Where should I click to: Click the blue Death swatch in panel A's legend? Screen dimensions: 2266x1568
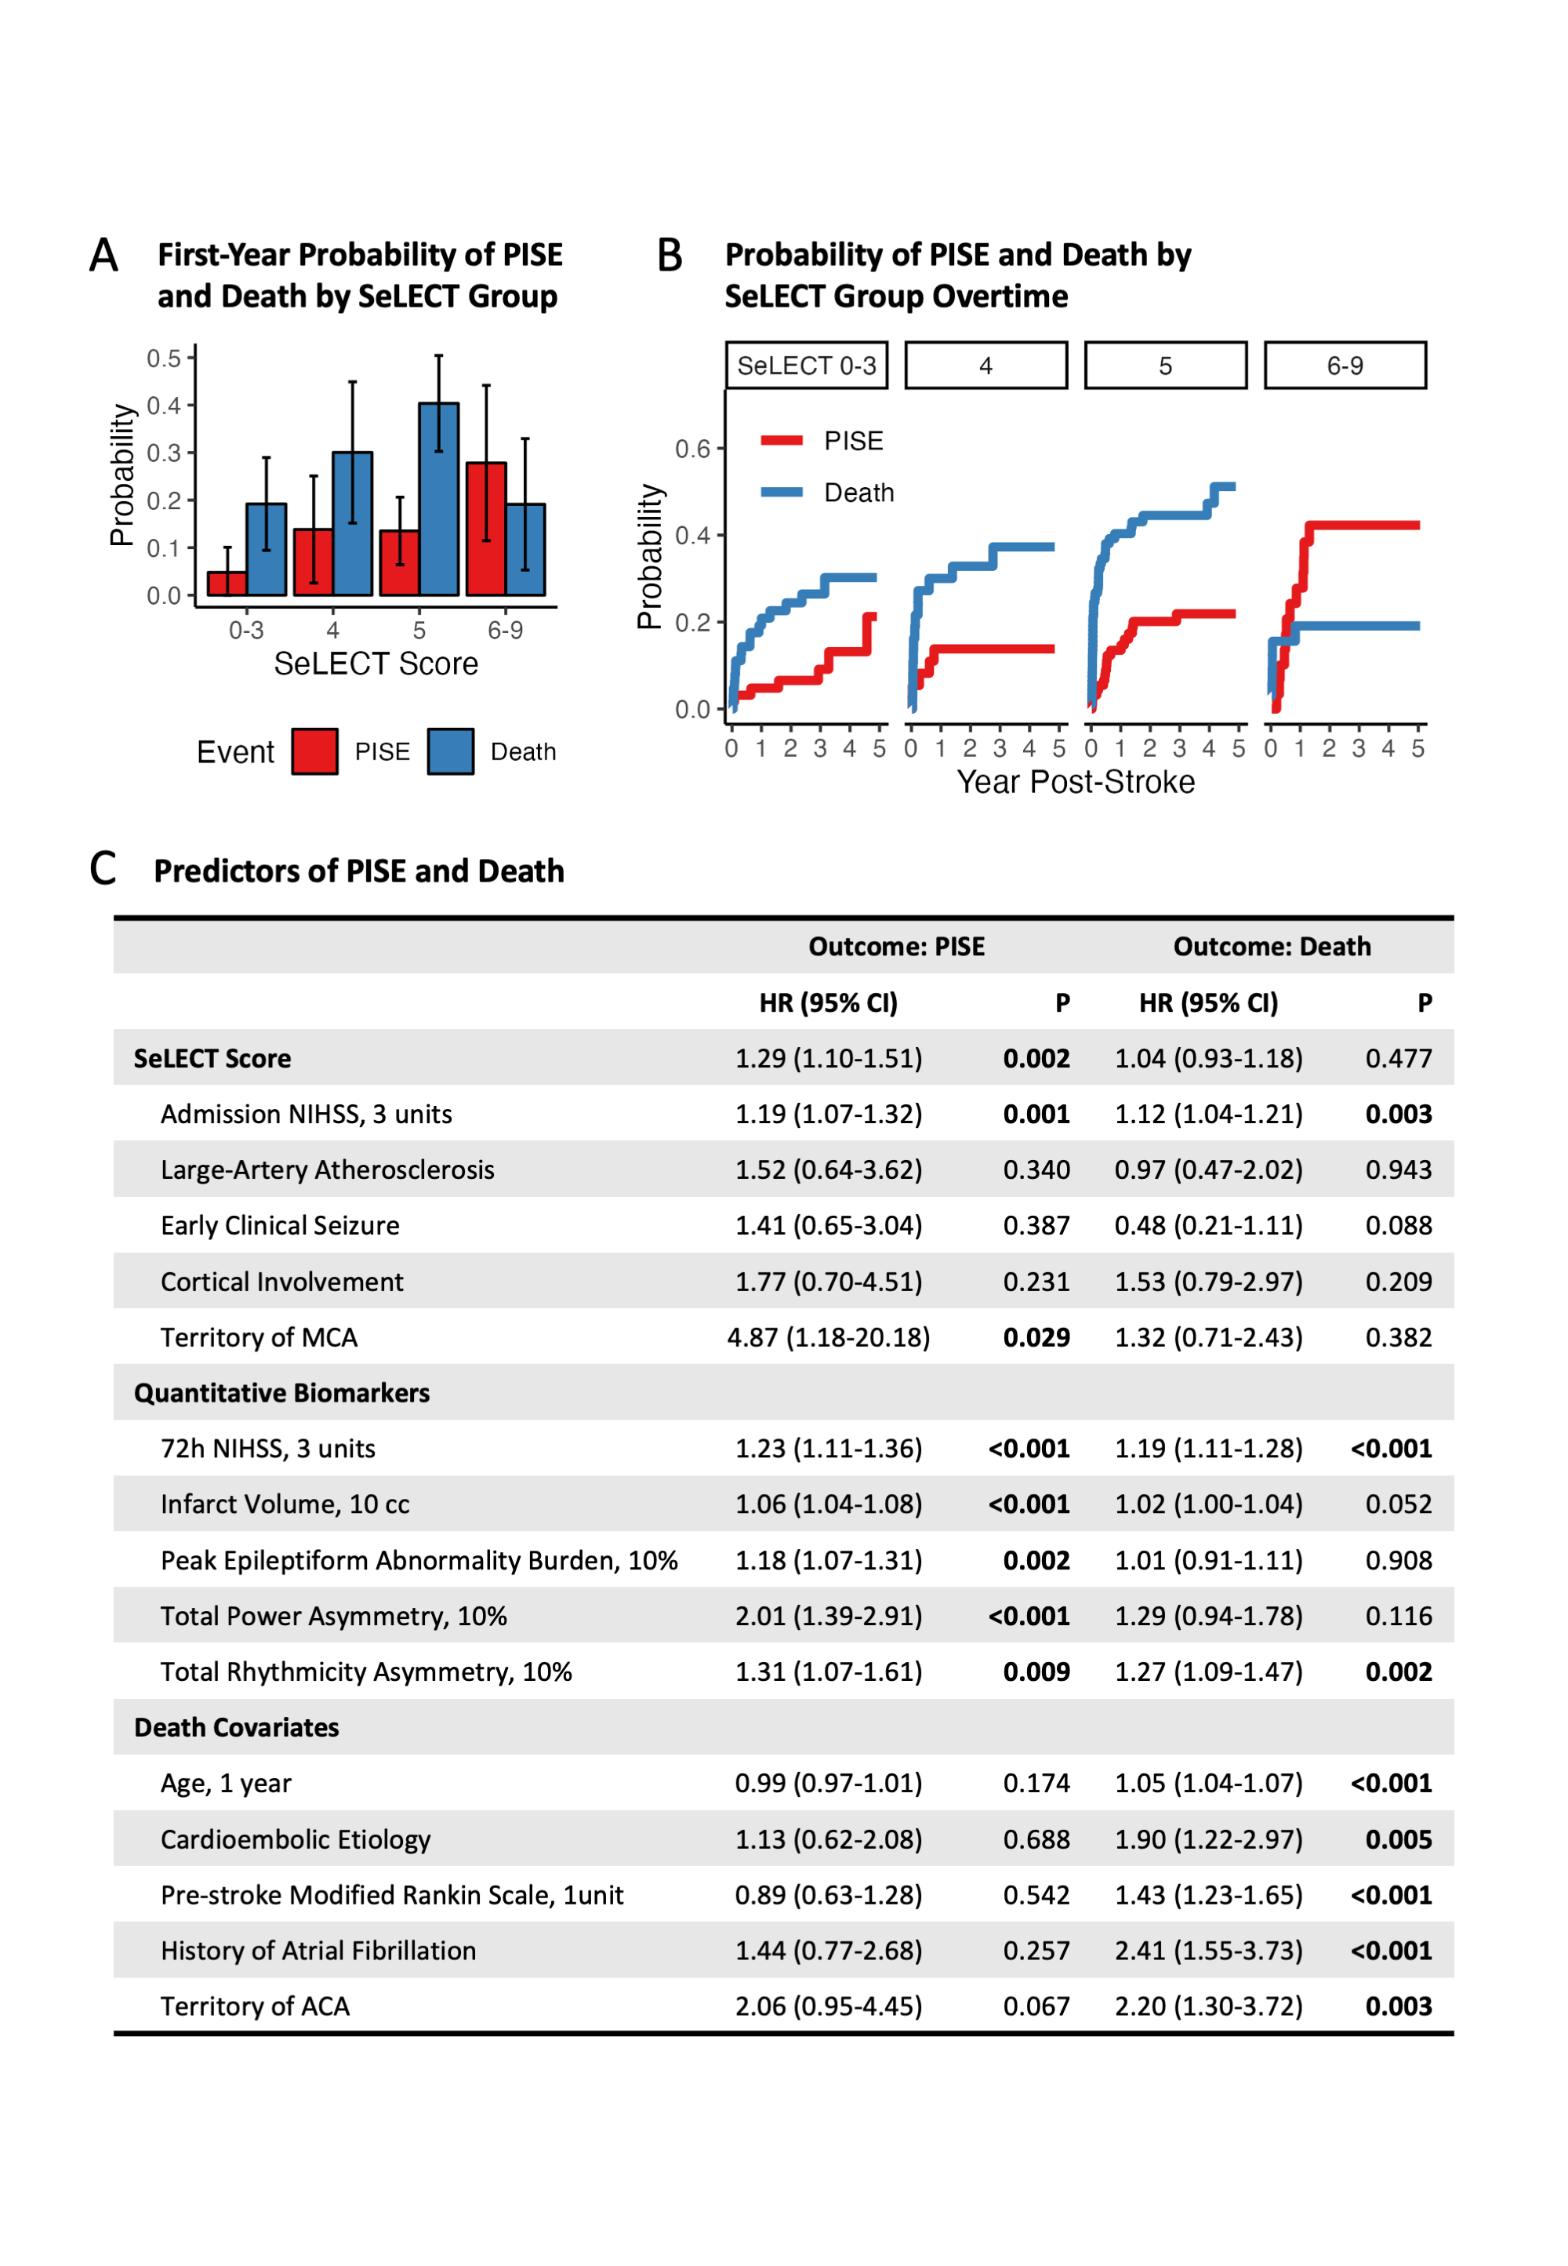pos(450,751)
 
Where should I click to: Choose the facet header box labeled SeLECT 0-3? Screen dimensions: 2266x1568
pos(806,366)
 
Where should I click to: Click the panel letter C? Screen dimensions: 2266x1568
pos(103,868)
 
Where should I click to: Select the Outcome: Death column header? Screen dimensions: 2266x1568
pos(1272,946)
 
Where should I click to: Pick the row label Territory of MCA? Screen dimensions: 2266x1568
pos(260,1337)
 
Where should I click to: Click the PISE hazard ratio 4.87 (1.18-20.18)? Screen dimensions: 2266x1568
pos(828,1337)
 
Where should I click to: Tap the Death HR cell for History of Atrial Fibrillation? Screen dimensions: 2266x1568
pos(1207,1951)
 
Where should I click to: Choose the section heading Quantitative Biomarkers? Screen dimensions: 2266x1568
pos(282,1393)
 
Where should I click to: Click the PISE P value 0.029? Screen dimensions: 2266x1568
pos(1036,1337)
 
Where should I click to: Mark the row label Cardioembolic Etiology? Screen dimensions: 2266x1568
pos(296,1839)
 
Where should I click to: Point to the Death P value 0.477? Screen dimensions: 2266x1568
pos(1398,1058)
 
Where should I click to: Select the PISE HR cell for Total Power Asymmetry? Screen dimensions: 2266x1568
pos(828,1617)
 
